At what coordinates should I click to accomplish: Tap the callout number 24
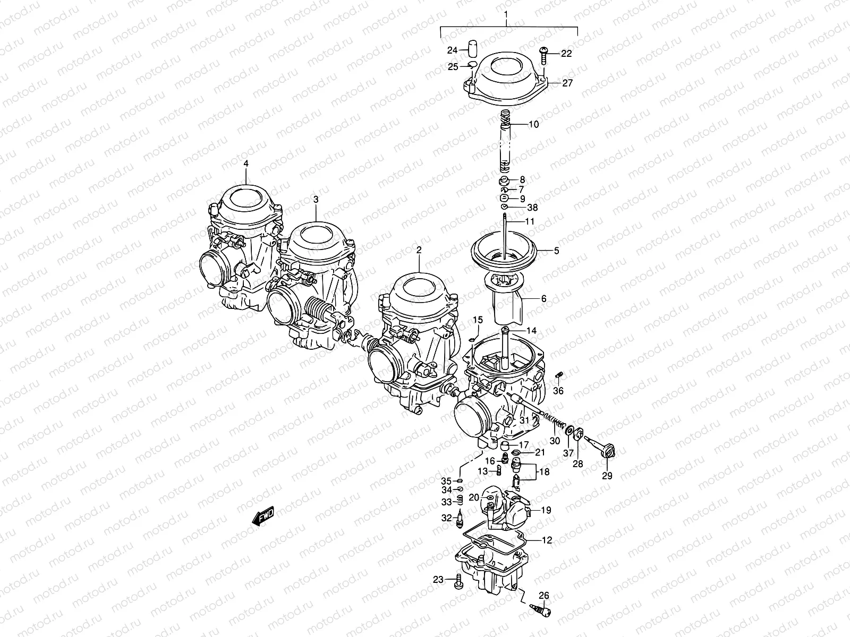tap(452, 50)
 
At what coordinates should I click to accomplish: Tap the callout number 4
tap(246, 163)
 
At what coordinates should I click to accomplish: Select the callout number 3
tap(316, 200)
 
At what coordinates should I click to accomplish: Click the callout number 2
tap(419, 249)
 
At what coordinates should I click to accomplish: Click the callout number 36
tap(558, 391)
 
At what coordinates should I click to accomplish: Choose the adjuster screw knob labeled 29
tap(607, 452)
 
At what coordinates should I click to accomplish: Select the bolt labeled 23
tap(458, 581)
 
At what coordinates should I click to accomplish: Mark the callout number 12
tap(547, 540)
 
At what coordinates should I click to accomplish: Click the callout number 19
tap(546, 510)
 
